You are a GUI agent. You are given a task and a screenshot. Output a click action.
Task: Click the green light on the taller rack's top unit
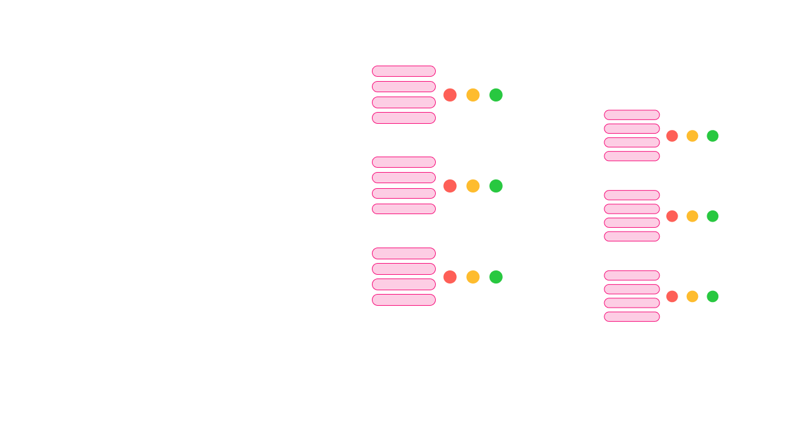496,95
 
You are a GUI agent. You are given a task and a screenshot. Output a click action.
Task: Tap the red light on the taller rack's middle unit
450,186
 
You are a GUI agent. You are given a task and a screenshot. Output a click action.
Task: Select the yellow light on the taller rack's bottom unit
473,277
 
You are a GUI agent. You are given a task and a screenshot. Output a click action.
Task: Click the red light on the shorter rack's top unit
672,136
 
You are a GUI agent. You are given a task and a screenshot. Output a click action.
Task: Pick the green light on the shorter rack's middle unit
713,216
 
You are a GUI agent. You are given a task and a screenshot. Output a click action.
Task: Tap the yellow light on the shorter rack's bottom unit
692,296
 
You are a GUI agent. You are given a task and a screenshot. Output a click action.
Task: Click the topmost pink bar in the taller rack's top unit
404,71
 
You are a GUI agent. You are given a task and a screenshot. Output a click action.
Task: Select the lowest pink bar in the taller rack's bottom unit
404,300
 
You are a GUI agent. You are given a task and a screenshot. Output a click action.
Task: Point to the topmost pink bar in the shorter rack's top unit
632,115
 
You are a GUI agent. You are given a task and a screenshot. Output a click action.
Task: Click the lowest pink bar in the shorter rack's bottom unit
632,317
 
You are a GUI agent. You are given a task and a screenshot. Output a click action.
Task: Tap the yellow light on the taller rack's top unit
473,95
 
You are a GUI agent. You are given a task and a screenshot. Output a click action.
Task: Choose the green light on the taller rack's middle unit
496,186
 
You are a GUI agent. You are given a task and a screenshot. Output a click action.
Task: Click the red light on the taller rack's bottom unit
450,277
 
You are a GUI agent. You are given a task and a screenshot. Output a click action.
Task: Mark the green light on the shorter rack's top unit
713,136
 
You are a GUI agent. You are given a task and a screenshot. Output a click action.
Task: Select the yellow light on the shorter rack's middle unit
692,216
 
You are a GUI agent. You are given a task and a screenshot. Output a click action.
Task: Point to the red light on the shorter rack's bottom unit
672,296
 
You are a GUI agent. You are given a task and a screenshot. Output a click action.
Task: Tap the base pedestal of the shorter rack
660,428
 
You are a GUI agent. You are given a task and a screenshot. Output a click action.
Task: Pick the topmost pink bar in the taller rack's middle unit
404,162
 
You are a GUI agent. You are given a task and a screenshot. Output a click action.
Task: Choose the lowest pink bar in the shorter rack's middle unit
632,236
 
